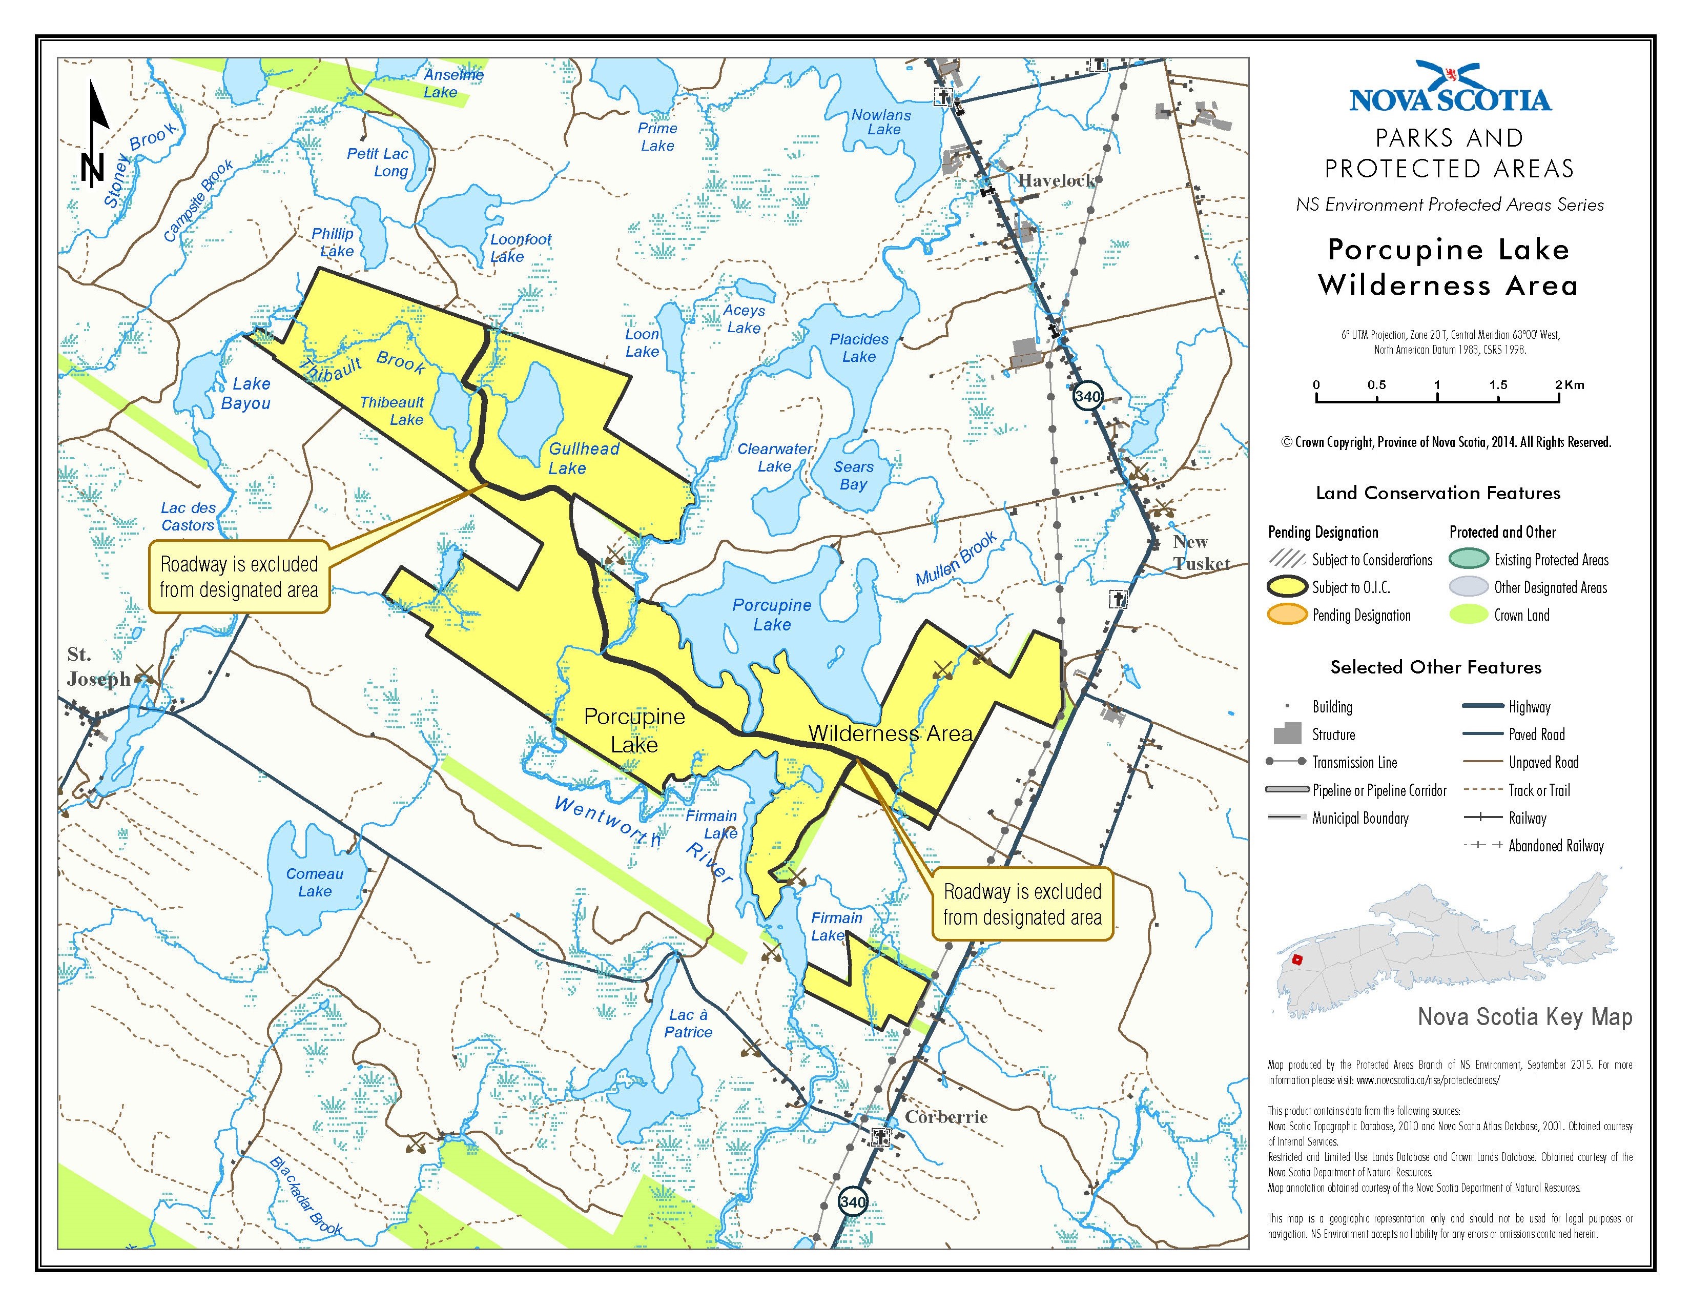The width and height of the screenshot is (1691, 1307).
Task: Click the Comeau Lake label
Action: (314, 882)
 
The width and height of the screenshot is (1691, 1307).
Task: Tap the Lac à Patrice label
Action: (688, 1023)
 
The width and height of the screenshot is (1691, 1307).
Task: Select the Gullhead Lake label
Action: (583, 458)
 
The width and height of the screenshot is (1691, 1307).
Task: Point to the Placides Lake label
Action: (859, 348)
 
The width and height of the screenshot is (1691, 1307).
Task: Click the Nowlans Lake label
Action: (881, 122)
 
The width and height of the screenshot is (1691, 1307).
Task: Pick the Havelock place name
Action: (1056, 180)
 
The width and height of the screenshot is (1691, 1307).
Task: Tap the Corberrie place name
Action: (946, 1116)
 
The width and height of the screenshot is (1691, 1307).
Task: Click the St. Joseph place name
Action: (97, 667)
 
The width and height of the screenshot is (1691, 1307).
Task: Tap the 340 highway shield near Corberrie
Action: (852, 1202)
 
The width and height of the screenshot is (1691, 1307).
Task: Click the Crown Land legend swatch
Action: (1468, 615)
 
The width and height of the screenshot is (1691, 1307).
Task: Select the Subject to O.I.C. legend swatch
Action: (1287, 587)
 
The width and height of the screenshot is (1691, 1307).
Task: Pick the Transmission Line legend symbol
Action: (1287, 762)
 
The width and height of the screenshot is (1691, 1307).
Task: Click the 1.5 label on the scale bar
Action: (1497, 385)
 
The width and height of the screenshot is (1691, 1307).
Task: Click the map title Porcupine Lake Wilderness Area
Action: (1448, 267)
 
